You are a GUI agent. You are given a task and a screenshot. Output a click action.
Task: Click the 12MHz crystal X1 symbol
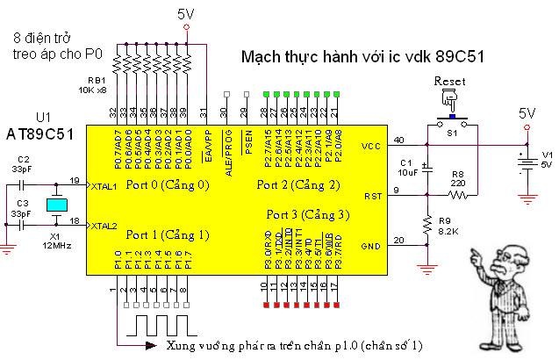coord(54,205)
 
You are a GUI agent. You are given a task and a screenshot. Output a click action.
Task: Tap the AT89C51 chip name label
coord(40,133)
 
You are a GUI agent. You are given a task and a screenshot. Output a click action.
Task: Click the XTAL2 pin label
coord(104,226)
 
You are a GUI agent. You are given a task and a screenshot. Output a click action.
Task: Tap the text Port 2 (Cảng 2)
coord(297,185)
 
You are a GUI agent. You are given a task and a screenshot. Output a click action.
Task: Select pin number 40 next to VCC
coord(399,140)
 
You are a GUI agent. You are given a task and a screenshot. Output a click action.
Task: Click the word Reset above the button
coord(449,81)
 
